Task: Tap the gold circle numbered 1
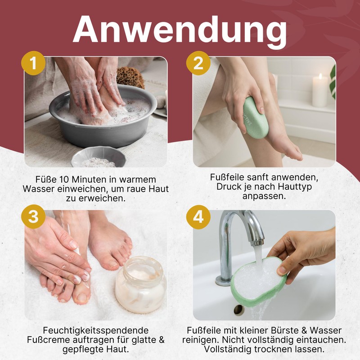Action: click(x=33, y=63)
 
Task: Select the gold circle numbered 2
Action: click(x=198, y=63)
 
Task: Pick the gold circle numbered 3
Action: click(x=33, y=216)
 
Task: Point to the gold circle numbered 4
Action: click(x=198, y=217)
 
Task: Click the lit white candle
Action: click(x=320, y=90)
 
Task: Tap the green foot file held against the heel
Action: click(x=255, y=116)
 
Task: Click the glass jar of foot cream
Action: click(x=141, y=285)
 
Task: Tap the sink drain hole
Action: click(x=239, y=310)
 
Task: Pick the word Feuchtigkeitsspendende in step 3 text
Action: click(x=96, y=331)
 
